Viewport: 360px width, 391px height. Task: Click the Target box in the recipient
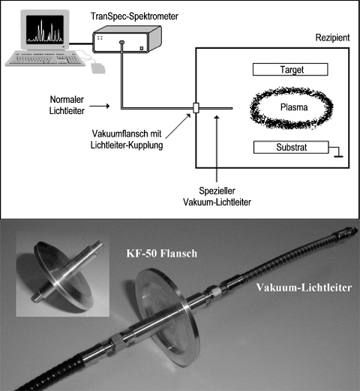click(x=290, y=71)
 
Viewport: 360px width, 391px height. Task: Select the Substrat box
click(x=290, y=148)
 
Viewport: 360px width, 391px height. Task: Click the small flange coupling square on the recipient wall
click(x=196, y=108)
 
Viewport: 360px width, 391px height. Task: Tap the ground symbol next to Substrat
click(x=339, y=152)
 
